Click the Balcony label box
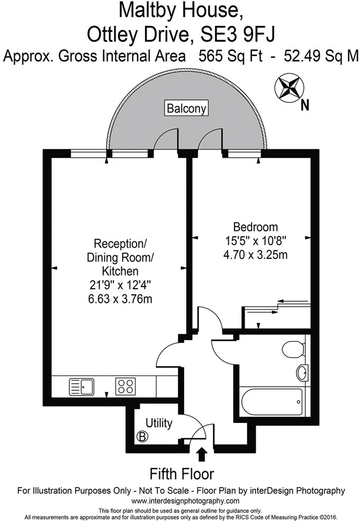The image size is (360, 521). point(186,109)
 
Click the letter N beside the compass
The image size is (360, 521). point(304,105)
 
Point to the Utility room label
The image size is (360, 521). point(159,423)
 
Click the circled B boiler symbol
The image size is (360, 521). point(141,437)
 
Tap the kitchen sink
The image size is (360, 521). point(82,386)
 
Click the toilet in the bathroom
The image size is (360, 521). point(292,349)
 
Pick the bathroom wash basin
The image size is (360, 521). point(302,373)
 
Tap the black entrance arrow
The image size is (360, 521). point(201,454)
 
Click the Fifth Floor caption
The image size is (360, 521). point(182,473)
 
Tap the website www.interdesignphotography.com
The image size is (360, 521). point(185,501)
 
